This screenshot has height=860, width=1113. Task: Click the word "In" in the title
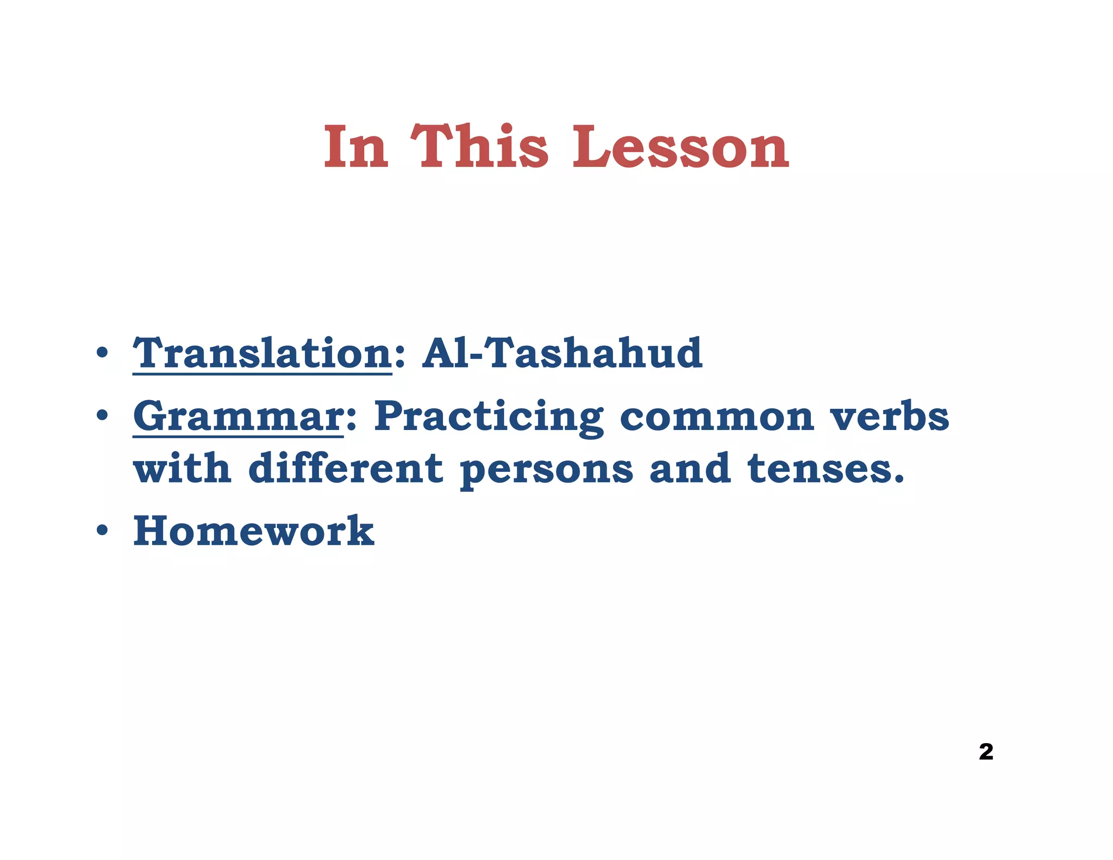click(x=356, y=146)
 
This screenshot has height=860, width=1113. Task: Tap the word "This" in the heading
click(x=479, y=146)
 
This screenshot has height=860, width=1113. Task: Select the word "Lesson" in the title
click(x=680, y=146)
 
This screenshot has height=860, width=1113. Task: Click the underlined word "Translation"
click(x=262, y=353)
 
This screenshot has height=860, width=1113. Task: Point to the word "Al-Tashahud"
click(x=562, y=353)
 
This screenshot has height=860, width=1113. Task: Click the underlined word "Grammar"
click(x=238, y=416)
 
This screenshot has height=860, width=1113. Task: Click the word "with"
click(x=182, y=469)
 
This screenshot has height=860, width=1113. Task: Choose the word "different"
click(x=346, y=469)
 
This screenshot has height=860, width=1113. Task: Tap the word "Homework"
click(x=254, y=531)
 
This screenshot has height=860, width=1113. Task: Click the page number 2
click(x=986, y=752)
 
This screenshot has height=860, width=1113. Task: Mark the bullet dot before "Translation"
click(x=102, y=354)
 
